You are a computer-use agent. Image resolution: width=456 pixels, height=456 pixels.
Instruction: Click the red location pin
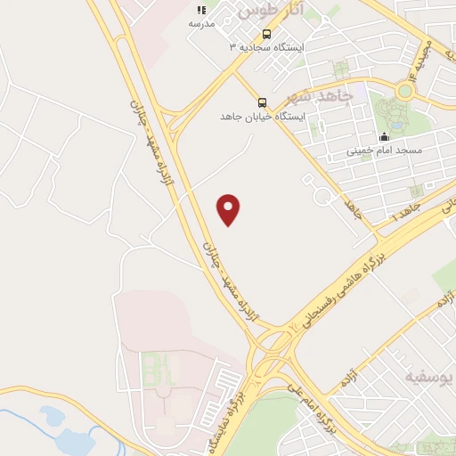(229, 209)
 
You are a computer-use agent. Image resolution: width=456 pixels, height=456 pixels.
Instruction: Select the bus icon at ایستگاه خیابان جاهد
(262, 102)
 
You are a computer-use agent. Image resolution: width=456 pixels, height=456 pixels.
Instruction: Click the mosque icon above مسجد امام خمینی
(385, 136)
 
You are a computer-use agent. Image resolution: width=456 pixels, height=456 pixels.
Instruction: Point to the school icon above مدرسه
(201, 10)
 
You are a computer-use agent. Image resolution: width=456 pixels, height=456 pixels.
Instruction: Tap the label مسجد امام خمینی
(384, 151)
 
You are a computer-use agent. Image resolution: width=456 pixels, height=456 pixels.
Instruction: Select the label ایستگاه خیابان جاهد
(263, 117)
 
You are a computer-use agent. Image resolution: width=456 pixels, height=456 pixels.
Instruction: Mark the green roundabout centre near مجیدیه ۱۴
(405, 91)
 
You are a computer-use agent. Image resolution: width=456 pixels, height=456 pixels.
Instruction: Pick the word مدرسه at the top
(201, 25)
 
